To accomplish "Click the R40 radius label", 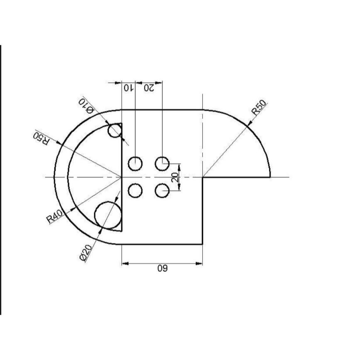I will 54,217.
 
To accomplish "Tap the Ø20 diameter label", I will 85,253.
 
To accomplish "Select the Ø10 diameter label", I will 86,106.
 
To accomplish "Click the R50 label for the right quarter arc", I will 259,108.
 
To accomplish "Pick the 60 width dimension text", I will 162,268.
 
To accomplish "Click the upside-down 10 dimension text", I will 128,88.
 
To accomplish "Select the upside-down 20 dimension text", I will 149,88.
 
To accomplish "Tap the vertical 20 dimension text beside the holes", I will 175,177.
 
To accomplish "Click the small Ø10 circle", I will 115,130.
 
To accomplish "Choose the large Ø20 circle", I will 108,215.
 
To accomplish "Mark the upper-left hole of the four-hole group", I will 135,164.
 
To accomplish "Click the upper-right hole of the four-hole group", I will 162,164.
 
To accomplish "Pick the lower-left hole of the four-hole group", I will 135,191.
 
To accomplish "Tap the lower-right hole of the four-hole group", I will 162,191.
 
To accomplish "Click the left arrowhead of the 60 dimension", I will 125,263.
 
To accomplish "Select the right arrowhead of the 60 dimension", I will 199,263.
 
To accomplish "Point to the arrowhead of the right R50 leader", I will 248,124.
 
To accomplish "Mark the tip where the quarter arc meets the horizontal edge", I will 270,177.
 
